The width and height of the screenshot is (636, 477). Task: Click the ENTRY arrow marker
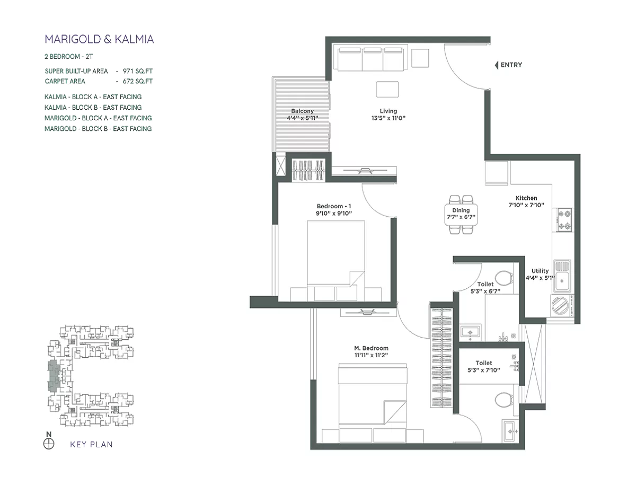[496, 65]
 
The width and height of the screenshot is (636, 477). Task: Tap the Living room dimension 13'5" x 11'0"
[388, 119]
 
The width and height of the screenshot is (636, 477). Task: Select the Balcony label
[302, 111]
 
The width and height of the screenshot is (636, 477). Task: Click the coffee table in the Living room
[387, 89]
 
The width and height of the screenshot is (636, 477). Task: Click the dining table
[461, 214]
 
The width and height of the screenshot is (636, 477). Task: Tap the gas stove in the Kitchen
[563, 220]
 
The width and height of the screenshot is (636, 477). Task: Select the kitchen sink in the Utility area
[562, 276]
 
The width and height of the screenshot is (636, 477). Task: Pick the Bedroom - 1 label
[334, 206]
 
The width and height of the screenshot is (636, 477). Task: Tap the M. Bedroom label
[371, 348]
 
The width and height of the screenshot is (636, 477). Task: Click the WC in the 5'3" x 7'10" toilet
[502, 400]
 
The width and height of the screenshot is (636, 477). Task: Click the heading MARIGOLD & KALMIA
[99, 39]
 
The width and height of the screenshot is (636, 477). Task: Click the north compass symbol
[49, 443]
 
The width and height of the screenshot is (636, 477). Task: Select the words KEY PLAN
[91, 445]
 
